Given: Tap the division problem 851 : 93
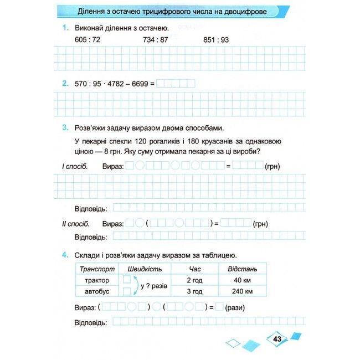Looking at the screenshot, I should click(x=216, y=40).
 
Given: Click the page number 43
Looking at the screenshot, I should click(x=277, y=338).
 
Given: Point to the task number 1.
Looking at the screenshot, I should click(x=65, y=28).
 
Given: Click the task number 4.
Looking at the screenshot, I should click(x=65, y=255).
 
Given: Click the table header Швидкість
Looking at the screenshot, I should click(x=144, y=269).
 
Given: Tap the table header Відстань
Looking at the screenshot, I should click(x=243, y=269).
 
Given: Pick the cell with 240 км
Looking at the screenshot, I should click(x=243, y=292).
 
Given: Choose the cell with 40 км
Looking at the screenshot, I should click(x=243, y=280).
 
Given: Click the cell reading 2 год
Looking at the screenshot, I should click(x=194, y=280).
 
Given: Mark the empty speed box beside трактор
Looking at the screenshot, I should click(x=127, y=280).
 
